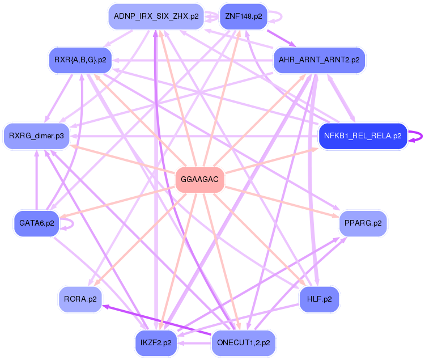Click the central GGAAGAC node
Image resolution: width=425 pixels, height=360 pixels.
[200, 180]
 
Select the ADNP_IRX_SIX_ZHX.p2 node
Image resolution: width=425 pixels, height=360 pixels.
[156, 16]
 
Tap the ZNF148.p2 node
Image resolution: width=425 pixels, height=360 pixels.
[243, 16]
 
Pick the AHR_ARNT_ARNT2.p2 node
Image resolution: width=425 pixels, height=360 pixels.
[319, 60]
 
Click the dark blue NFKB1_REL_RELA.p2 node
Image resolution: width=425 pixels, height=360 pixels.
[363, 136]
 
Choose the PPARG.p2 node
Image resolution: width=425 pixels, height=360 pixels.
[363, 223]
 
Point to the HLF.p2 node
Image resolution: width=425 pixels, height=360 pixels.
[319, 299]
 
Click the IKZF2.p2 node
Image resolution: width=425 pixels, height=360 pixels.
[156, 343]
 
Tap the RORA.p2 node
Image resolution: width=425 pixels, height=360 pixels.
[80, 299]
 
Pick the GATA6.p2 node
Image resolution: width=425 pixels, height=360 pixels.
[36, 223]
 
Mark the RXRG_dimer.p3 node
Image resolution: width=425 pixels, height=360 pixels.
[36, 136]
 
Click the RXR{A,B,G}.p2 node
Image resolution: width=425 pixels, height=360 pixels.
[80, 60]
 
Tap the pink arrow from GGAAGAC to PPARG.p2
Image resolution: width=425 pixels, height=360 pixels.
[283, 202]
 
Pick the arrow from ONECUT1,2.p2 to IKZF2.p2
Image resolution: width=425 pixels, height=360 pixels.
[195, 343]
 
